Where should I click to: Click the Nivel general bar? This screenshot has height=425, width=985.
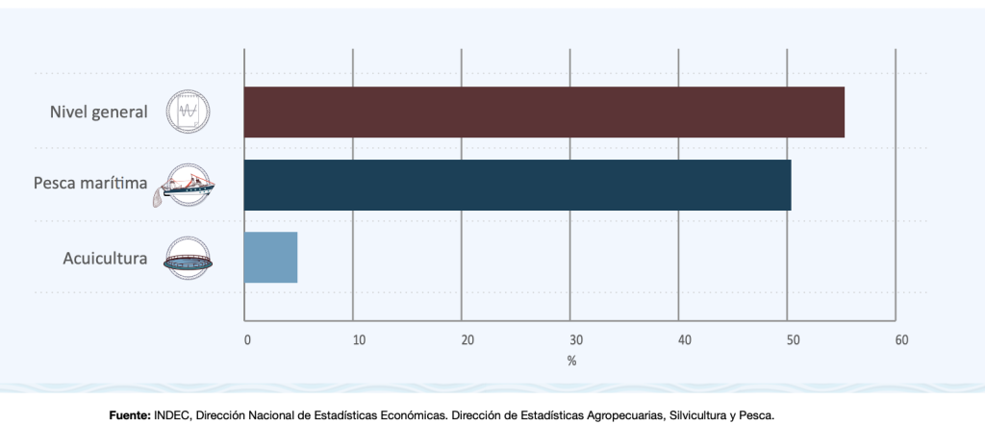pyautogui.click(x=543, y=112)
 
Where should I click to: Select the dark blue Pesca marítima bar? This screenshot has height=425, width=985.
pyautogui.click(x=517, y=185)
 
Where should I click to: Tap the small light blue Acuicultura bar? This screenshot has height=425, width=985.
pyautogui.click(x=270, y=258)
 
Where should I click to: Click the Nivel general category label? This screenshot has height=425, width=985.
pyautogui.click(x=99, y=112)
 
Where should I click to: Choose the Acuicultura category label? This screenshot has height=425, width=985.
pyautogui.click(x=105, y=258)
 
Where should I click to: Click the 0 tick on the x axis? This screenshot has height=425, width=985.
pyautogui.click(x=247, y=340)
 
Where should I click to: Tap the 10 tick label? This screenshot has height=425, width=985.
pyautogui.click(x=359, y=340)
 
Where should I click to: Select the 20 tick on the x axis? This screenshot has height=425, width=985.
pyautogui.click(x=467, y=340)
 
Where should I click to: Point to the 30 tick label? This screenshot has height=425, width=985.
pyautogui.click(x=576, y=340)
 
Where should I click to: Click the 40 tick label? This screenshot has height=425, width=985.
pyautogui.click(x=685, y=340)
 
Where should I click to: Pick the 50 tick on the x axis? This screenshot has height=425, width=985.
pyautogui.click(x=793, y=340)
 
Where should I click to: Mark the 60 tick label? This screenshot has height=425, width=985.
pyautogui.click(x=901, y=340)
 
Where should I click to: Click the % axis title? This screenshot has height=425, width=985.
pyautogui.click(x=571, y=361)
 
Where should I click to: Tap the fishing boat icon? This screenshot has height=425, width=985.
pyautogui.click(x=186, y=186)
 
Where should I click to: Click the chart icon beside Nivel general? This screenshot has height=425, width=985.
pyautogui.click(x=189, y=112)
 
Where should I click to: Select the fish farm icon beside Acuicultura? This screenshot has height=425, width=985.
pyautogui.click(x=189, y=258)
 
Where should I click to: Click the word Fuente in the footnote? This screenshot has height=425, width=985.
pyautogui.click(x=130, y=415)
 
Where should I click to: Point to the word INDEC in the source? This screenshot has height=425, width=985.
pyautogui.click(x=172, y=415)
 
